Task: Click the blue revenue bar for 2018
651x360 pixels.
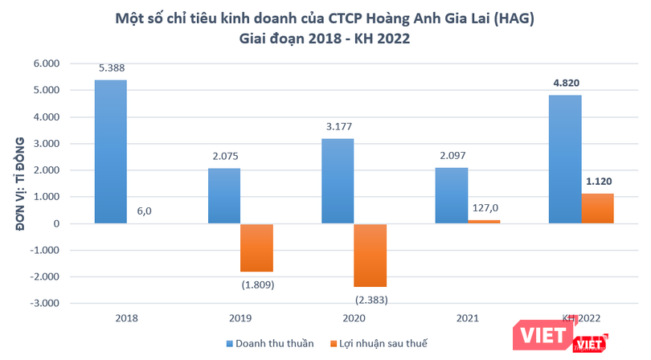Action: coord(111,152)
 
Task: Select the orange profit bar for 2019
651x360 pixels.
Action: coord(256,247)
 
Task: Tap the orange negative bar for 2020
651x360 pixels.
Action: coord(370,255)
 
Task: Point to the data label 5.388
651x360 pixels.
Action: coord(111,68)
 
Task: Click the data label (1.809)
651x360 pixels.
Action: coord(256,283)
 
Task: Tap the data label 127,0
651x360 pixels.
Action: coord(484,207)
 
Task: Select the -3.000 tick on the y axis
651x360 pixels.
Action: coord(65,303)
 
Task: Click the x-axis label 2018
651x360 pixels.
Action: coord(127,317)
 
